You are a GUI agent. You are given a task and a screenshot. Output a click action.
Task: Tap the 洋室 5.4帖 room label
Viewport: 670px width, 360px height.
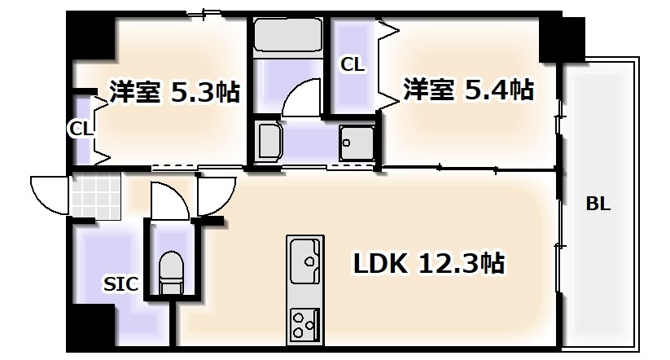[467, 89]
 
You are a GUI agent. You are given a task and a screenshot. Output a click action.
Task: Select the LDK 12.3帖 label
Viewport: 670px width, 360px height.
[427, 263]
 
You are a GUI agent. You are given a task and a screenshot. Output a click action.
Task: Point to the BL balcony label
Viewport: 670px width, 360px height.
[598, 204]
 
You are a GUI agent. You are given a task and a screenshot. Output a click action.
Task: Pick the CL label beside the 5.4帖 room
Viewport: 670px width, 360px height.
[353, 64]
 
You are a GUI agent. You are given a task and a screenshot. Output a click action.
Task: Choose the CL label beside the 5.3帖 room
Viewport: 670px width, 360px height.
[81, 127]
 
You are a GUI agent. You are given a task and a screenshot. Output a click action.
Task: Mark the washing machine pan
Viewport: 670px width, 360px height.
[357, 144]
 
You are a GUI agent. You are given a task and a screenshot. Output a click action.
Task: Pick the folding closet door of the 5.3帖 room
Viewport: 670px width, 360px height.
[101, 129]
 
